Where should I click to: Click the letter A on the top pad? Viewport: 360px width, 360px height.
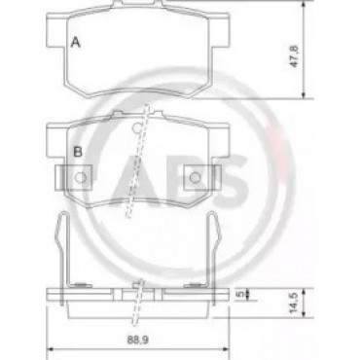75,43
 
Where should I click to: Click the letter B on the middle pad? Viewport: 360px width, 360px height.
77,152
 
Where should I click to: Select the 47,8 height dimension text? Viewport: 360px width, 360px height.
294,56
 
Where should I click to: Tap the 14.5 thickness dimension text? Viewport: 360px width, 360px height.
294,304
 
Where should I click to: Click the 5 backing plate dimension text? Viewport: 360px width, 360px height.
240,294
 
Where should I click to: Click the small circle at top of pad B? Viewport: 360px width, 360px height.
137,128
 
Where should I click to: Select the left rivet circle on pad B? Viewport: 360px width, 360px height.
80,177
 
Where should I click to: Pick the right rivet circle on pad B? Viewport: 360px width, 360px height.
195,177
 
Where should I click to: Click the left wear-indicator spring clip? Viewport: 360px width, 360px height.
62,256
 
